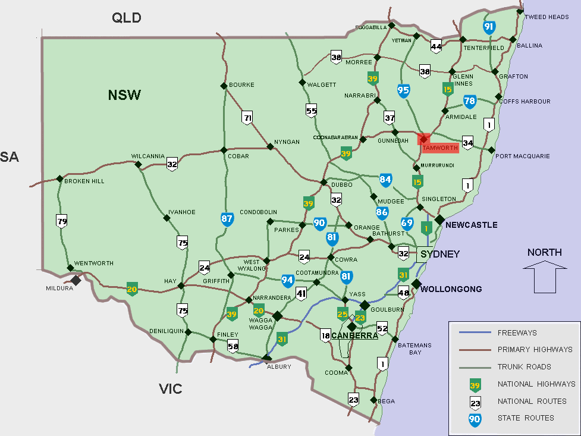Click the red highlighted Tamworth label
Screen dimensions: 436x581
pyautogui.click(x=439, y=148)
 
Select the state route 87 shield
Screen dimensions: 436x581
pyautogui.click(x=227, y=219)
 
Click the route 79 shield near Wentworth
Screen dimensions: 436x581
pyautogui.click(x=61, y=222)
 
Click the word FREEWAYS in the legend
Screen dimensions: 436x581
pyautogui.click(x=517, y=333)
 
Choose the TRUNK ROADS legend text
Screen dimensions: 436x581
pyautogui.click(x=524, y=367)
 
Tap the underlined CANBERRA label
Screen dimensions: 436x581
pyautogui.click(x=355, y=335)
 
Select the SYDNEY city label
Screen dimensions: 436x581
pyautogui.click(x=440, y=255)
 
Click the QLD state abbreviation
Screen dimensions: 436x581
pyautogui.click(x=127, y=18)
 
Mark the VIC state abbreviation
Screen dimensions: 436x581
pyautogui.click(x=170, y=389)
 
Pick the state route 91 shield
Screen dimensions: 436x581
pyautogui.click(x=489, y=27)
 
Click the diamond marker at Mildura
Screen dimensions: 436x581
pyautogui.click(x=76, y=280)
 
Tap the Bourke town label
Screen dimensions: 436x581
pyautogui.click(x=241, y=85)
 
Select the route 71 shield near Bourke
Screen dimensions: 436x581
pyautogui.click(x=247, y=117)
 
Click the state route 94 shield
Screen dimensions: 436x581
pyautogui.click(x=287, y=280)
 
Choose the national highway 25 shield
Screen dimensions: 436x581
pyautogui.click(x=343, y=313)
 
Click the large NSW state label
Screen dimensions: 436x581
pyautogui.click(x=124, y=95)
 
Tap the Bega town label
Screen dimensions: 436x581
pyautogui.click(x=386, y=401)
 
